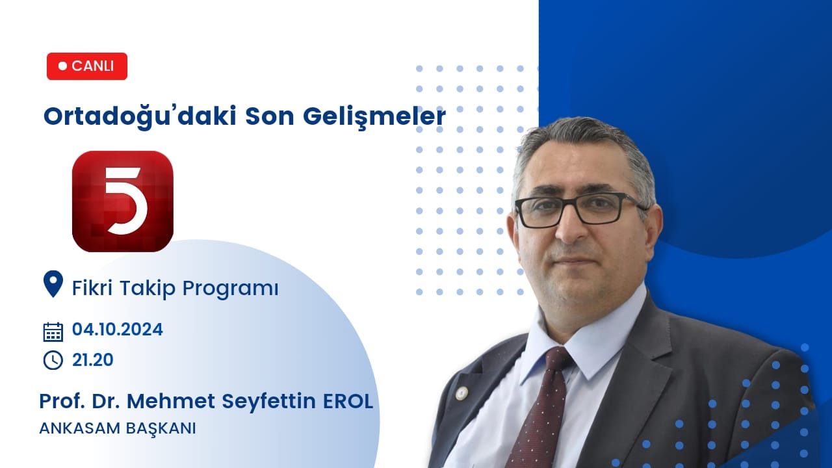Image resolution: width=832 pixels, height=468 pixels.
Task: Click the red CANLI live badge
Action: point(87,66)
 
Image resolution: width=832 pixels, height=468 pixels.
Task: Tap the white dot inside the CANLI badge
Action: point(63,66)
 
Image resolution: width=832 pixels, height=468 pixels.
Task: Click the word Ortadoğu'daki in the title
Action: point(140,116)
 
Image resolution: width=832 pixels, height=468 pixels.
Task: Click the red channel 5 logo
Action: point(123,201)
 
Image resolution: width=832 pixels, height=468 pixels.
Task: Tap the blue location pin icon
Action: point(53,284)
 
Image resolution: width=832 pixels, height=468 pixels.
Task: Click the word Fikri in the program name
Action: point(92,288)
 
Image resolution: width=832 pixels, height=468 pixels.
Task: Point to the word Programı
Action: point(230,289)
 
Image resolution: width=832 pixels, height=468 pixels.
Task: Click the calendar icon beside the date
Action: point(53,331)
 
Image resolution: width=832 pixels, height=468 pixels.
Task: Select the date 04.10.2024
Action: point(118,330)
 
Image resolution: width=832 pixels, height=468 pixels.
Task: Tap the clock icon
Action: point(53,360)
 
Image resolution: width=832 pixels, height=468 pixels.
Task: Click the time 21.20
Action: point(93,360)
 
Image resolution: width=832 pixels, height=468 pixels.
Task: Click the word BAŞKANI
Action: point(161,429)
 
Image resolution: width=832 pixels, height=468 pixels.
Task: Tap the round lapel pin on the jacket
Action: point(461,393)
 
